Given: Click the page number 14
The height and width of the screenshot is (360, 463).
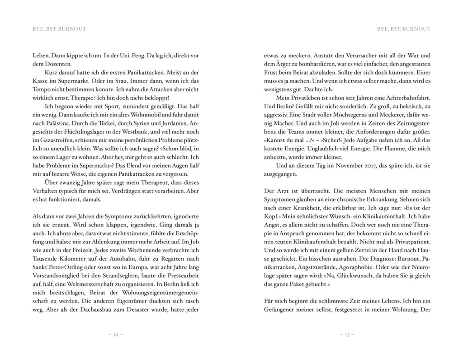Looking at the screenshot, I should (x=115, y=335).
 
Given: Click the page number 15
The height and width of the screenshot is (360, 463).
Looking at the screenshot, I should (x=347, y=335).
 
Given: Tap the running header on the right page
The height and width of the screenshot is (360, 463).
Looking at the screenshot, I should (x=404, y=29).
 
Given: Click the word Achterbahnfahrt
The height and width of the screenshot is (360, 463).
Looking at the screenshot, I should (x=406, y=98).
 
